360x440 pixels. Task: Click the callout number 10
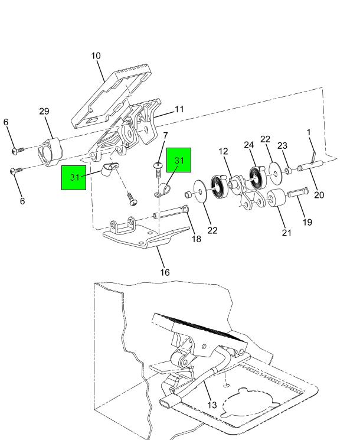click(96, 56)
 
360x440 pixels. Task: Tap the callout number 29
click(44, 112)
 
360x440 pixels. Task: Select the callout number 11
click(179, 109)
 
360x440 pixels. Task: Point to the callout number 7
click(165, 136)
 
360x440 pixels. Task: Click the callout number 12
click(223, 152)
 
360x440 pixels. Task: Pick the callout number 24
click(248, 145)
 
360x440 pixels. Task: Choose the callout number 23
click(282, 146)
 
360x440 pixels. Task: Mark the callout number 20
click(319, 195)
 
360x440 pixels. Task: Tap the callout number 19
click(307, 222)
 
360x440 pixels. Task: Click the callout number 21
click(287, 233)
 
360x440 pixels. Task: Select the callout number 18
click(197, 239)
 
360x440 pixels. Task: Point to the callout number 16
click(165, 272)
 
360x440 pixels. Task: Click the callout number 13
click(212, 405)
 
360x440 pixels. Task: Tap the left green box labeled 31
click(74, 178)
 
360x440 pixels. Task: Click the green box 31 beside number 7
click(179, 160)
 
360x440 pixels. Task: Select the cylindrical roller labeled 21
click(276, 198)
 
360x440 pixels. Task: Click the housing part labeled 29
click(50, 152)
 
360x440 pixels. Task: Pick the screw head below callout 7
click(158, 165)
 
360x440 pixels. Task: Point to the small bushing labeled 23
click(288, 171)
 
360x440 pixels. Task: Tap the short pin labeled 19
click(297, 193)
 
